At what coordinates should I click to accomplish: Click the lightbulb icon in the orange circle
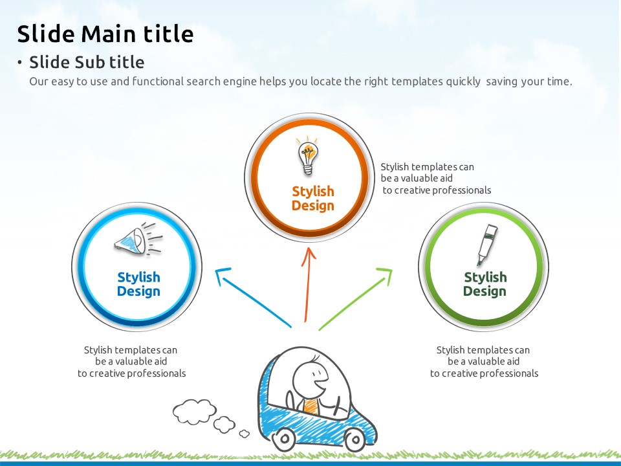pyautogui.click(x=308, y=156)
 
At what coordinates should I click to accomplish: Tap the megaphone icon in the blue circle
pyautogui.click(x=138, y=239)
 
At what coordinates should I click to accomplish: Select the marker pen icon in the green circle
pyautogui.click(x=487, y=245)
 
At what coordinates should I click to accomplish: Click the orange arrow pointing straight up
pyautogui.click(x=307, y=285)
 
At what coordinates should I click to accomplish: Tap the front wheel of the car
pyautogui.click(x=354, y=439)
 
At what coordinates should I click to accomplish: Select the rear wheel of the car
pyautogui.click(x=285, y=439)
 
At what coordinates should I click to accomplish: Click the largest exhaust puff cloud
pyautogui.click(x=195, y=412)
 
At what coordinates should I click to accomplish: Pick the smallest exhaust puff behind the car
pyautogui.click(x=245, y=434)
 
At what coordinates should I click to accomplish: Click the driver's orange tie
pyautogui.click(x=310, y=406)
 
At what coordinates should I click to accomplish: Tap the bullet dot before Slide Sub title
pyautogui.click(x=19, y=62)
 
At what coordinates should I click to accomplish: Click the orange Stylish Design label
pyautogui.click(x=313, y=199)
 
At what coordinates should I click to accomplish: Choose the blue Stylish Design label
pyautogui.click(x=138, y=284)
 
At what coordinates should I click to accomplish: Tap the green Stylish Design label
pyautogui.click(x=485, y=284)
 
